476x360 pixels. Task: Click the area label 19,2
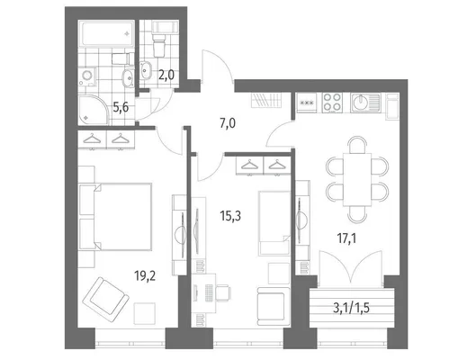click(x=145, y=276)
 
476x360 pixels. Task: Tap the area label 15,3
click(x=230, y=216)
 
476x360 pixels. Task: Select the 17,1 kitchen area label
click(x=346, y=238)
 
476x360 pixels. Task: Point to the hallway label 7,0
click(x=228, y=124)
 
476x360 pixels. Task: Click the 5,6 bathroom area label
click(x=121, y=107)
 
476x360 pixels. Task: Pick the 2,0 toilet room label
click(x=166, y=74)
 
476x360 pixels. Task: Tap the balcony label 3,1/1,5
click(x=351, y=309)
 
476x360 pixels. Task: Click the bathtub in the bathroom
click(x=106, y=33)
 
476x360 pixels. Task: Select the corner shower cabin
click(x=94, y=110)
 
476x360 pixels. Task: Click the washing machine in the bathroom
click(x=88, y=76)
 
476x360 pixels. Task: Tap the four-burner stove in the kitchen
click(x=332, y=102)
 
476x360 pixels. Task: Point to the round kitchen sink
click(x=360, y=103)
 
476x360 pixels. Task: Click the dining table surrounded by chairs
click(x=357, y=180)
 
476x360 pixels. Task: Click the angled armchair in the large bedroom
click(x=105, y=300)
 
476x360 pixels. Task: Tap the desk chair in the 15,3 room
click(x=223, y=293)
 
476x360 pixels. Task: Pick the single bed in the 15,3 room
click(x=274, y=223)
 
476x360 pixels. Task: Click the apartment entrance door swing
click(x=217, y=67)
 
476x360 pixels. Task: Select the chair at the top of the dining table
click(x=357, y=145)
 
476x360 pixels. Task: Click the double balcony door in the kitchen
click(x=351, y=268)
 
